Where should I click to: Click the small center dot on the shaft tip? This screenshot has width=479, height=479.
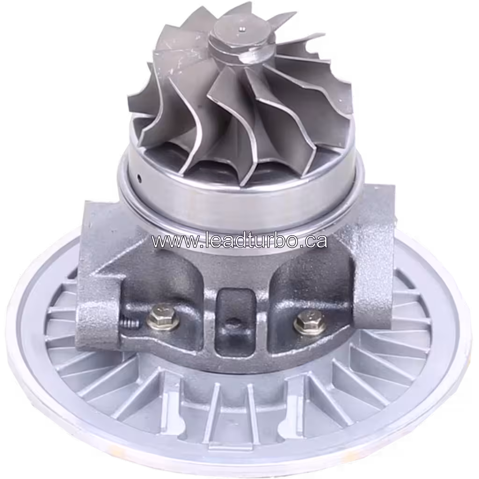[242, 29]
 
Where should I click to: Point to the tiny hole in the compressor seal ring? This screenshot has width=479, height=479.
[139, 178]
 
